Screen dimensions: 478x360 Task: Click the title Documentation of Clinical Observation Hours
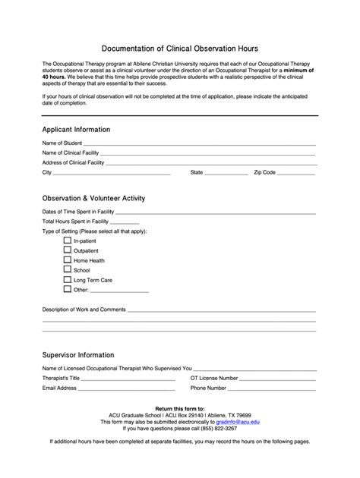180,47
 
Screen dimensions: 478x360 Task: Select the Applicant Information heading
76,129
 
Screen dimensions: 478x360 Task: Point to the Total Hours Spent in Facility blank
125,222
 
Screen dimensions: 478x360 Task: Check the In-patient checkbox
67,240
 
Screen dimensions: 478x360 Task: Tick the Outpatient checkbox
67,250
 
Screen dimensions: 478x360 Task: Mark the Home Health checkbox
67,259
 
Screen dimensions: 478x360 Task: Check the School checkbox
67,269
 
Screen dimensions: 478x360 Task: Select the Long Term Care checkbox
67,279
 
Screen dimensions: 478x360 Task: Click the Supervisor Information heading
78,354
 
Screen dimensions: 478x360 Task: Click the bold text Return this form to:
180,408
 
